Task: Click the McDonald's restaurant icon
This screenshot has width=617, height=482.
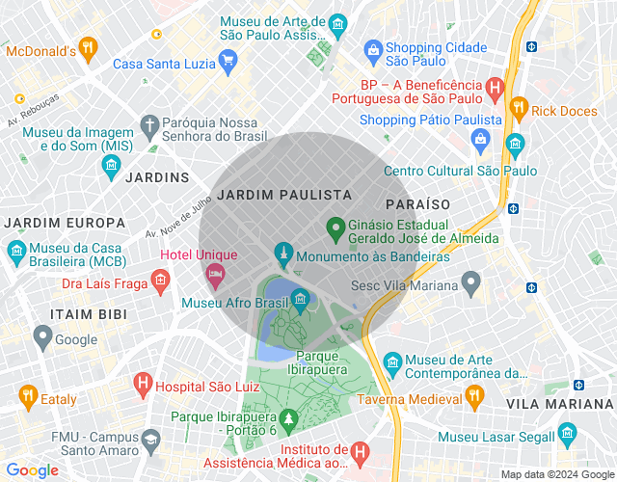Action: (x=88, y=46)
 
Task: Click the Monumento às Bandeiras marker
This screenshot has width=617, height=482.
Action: (x=282, y=254)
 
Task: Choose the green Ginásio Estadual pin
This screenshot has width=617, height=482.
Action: (x=335, y=228)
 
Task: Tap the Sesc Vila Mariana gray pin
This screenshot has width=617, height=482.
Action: (x=470, y=283)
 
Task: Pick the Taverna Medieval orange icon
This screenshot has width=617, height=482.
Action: (x=473, y=396)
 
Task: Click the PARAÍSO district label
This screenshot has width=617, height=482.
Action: (x=418, y=204)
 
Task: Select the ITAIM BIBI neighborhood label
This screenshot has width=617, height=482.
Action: (x=88, y=314)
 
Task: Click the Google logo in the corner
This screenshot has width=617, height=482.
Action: (x=33, y=470)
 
